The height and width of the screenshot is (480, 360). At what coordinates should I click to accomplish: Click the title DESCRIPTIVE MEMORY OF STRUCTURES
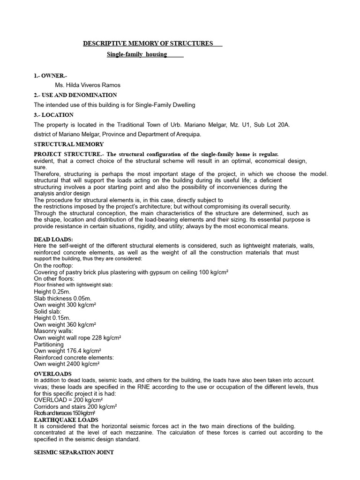coord(148,44)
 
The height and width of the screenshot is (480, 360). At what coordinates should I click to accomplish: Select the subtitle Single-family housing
coord(137,54)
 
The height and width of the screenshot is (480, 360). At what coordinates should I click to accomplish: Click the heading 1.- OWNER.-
coord(50,75)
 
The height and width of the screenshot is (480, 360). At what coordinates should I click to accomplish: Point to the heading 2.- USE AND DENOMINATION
coord(75,95)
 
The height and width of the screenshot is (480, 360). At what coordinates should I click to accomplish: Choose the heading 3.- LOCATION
coord(53,115)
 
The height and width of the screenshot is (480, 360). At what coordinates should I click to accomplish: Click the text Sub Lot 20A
coord(274,125)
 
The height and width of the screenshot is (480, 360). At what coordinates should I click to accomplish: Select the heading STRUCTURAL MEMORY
coord(69,144)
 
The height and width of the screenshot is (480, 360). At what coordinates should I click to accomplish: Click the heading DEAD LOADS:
coord(53,239)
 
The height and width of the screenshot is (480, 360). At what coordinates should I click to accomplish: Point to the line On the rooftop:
coord(53,265)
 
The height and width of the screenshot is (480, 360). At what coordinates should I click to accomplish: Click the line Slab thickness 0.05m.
coord(62,298)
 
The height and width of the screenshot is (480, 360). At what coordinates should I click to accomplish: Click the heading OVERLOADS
coord(52,374)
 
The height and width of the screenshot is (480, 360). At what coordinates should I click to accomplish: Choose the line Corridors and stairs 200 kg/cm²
coord(75,406)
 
